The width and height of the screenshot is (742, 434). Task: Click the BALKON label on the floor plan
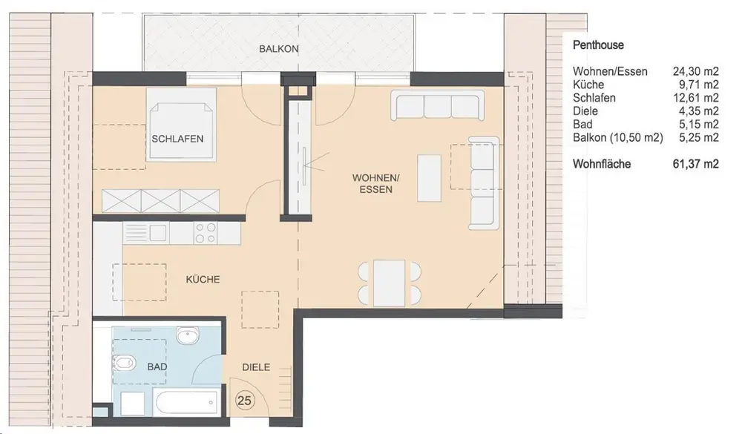click(279, 49)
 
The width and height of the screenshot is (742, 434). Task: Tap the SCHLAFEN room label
click(177, 139)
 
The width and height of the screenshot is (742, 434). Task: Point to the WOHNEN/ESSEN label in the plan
click(375, 184)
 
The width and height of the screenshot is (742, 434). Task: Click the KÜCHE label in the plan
click(203, 279)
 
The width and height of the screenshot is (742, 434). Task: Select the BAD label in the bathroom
click(157, 366)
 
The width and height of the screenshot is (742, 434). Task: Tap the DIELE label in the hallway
click(256, 366)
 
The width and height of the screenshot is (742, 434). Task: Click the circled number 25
click(244, 401)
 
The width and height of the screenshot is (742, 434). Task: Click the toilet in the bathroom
click(124, 364)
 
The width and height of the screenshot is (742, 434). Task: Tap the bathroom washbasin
click(189, 336)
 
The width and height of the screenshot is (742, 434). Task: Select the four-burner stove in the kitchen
click(206, 233)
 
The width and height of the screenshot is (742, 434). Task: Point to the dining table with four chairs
click(390, 283)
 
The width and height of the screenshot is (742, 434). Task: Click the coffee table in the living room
click(429, 178)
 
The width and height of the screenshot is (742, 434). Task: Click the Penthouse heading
click(598, 45)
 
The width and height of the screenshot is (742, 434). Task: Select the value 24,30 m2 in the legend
click(696, 71)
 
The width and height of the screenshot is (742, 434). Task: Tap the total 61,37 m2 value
click(696, 164)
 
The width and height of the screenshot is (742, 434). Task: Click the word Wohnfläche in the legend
click(602, 164)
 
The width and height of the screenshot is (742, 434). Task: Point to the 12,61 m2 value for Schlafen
click(696, 98)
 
